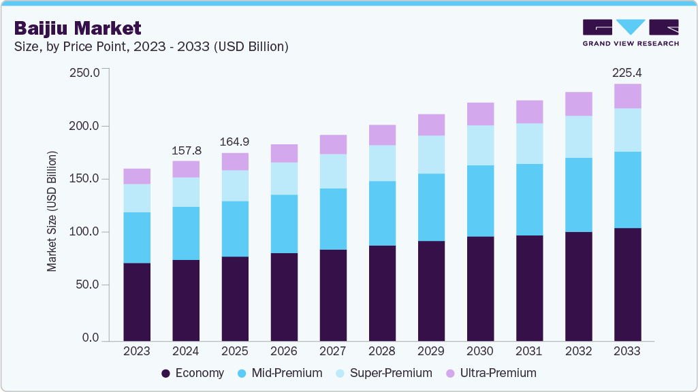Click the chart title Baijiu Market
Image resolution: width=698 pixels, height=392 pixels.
[x=78, y=28]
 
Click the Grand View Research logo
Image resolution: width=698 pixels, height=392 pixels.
[x=631, y=32]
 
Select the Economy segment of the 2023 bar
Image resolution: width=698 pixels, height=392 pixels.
[x=137, y=301]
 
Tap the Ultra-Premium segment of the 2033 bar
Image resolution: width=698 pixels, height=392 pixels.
[x=627, y=96]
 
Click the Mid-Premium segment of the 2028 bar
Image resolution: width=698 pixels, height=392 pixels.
[x=382, y=213]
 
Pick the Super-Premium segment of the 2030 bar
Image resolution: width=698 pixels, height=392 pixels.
[x=480, y=145]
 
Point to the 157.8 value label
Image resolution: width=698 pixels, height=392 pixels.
[x=186, y=149]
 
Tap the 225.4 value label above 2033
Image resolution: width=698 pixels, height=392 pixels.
[x=627, y=73]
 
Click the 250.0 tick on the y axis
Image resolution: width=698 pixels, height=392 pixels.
[x=86, y=72]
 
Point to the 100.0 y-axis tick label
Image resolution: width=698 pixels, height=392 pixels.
[x=86, y=232]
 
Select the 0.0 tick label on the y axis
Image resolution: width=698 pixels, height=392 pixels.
[x=91, y=338]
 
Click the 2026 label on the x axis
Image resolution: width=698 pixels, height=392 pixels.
[x=284, y=352]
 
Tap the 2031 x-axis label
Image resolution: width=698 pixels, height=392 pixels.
[x=529, y=352]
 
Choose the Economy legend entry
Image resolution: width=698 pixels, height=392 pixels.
[x=192, y=373]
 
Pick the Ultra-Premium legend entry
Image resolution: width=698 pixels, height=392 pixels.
[x=490, y=373]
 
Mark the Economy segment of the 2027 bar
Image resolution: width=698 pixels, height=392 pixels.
[x=333, y=295]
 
